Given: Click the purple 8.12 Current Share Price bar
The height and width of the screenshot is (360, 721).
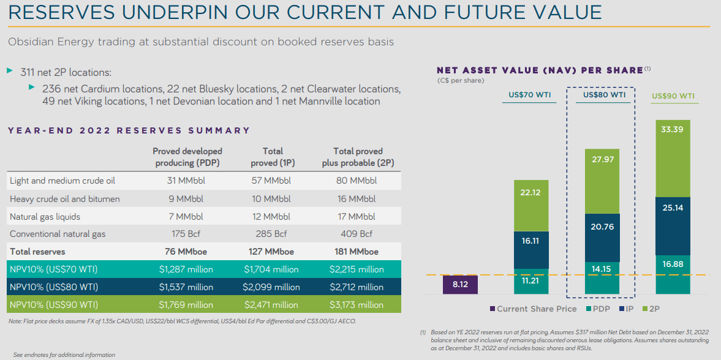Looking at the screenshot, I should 460,285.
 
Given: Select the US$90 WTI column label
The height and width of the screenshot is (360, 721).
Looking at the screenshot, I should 673,96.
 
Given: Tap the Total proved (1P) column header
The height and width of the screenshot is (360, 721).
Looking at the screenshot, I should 273,157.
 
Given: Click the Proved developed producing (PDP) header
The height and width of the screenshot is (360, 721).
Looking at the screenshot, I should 187,157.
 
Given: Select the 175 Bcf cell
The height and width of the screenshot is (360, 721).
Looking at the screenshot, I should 187,234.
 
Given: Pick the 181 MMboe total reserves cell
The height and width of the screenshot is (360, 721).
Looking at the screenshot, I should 358,252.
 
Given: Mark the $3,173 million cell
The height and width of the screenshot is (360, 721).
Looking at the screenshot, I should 358,305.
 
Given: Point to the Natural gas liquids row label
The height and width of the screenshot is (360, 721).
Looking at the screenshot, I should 45,217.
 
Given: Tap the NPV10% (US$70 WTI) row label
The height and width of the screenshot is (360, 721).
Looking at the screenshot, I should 54,269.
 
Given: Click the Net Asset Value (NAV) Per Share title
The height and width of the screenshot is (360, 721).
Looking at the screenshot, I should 540,70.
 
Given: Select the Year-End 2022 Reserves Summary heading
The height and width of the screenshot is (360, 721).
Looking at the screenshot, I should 129,130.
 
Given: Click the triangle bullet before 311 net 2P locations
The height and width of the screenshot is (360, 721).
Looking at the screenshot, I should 10,72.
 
